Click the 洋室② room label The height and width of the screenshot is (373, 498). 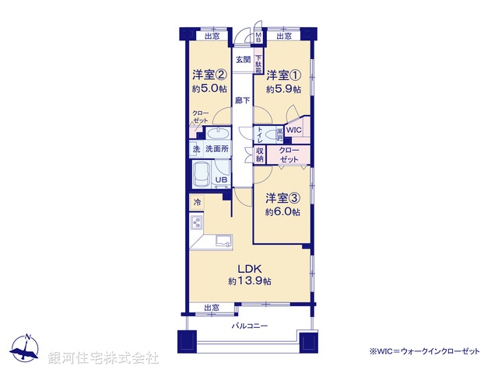pos(209,75)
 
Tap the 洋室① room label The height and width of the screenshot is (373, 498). pos(283,75)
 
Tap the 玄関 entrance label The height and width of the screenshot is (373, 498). pos(244,60)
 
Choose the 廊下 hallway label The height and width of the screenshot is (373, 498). pos(243,100)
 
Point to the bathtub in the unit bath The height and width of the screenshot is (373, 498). pos(203,176)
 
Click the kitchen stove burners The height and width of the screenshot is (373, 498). pos(196,226)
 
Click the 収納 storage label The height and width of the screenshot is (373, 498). pos(261,154)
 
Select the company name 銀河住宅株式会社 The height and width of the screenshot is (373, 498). pos(104,358)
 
